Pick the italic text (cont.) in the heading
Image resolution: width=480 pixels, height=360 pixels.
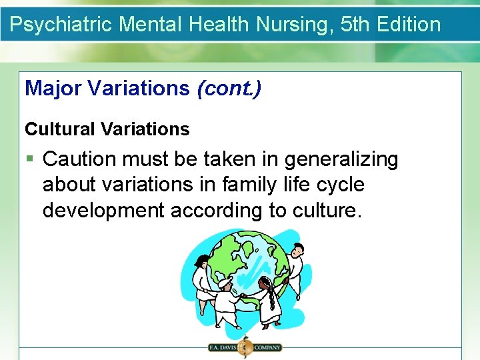229,88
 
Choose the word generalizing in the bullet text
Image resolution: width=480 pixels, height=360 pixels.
341,159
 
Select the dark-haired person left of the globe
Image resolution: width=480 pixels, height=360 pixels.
200,273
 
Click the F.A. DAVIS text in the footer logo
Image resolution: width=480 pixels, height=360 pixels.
223,347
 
